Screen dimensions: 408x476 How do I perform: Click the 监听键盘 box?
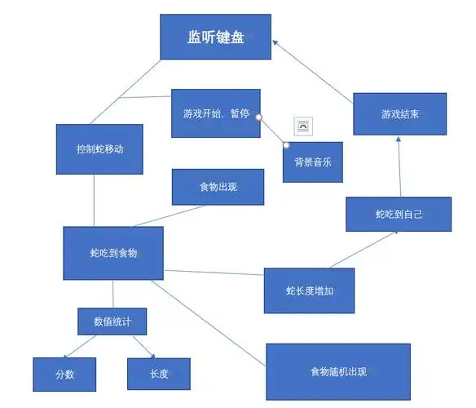[x=215, y=37]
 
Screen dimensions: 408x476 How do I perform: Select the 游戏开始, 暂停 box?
[x=216, y=113]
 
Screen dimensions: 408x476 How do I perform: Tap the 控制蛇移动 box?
[x=99, y=149]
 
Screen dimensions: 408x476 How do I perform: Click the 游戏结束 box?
[x=401, y=113]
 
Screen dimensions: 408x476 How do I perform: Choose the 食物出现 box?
[x=218, y=187]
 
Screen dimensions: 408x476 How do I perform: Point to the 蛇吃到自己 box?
[x=398, y=214]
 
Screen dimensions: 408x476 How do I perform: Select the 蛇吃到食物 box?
[x=113, y=253]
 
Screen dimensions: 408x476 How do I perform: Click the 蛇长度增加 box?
[x=309, y=290]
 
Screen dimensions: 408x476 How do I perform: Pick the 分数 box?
[x=64, y=375]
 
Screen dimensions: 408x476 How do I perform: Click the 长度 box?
[x=158, y=374]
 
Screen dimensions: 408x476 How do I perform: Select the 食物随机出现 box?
[x=337, y=371]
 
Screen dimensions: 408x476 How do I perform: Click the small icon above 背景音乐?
[x=303, y=126]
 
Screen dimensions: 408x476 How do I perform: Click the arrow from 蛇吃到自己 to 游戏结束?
[x=399, y=166]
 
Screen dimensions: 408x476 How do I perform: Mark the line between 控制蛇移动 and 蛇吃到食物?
[x=95, y=200]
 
